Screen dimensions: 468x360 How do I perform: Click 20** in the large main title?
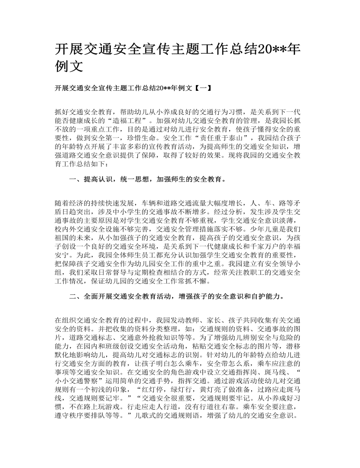(x=262, y=48)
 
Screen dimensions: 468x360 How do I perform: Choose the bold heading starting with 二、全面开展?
(x=177, y=296)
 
